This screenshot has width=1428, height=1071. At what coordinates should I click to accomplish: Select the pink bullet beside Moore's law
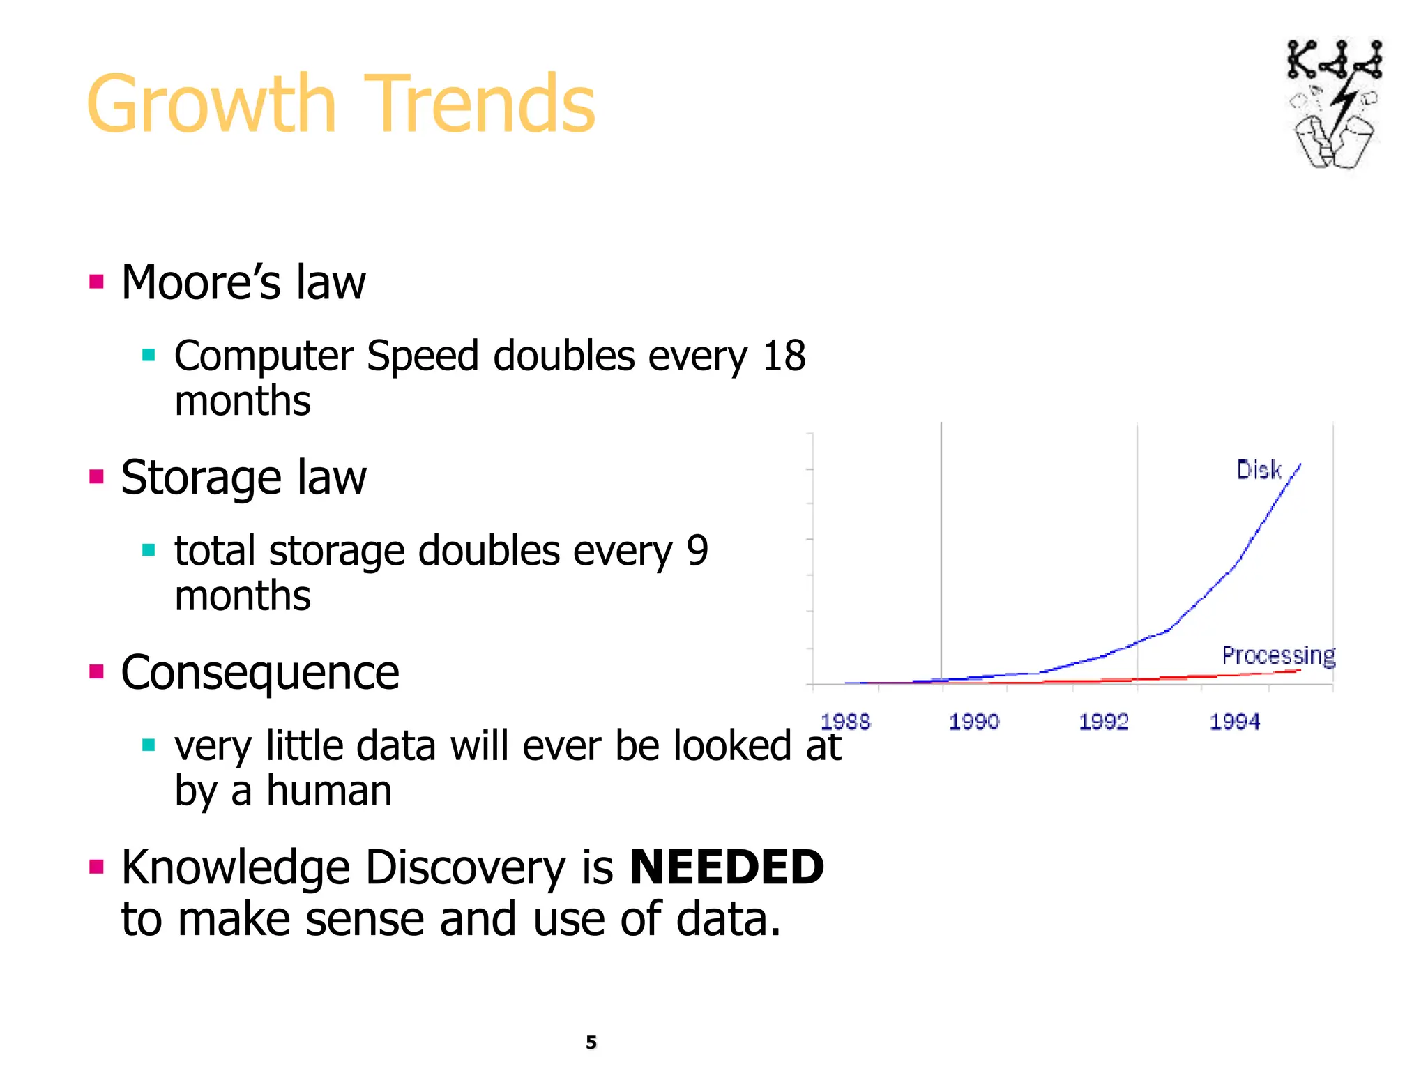point(97,282)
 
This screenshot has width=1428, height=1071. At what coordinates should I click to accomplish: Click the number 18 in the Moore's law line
point(784,356)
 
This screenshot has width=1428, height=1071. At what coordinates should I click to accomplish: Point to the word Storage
point(201,478)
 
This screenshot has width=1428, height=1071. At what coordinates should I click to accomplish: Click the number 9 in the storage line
point(697,551)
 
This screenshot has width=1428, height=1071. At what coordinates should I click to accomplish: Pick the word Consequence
point(259,673)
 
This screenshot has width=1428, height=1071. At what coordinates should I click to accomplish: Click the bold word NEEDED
point(727,867)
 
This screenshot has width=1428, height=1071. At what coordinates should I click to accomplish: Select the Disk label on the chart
point(1259,470)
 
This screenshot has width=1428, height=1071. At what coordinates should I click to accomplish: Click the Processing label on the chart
point(1278,655)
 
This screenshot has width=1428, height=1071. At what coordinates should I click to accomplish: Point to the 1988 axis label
point(845,722)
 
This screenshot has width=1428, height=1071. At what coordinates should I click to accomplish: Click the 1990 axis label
point(974,722)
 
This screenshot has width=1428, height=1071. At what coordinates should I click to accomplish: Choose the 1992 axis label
point(1103,722)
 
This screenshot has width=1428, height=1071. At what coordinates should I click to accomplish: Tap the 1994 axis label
point(1234,722)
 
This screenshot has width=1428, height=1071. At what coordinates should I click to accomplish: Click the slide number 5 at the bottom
point(591,1042)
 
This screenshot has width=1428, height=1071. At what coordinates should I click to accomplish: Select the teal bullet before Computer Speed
point(149,356)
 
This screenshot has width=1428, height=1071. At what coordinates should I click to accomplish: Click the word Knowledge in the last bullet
point(235,868)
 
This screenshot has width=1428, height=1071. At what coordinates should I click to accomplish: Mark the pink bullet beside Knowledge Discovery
point(97,867)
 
